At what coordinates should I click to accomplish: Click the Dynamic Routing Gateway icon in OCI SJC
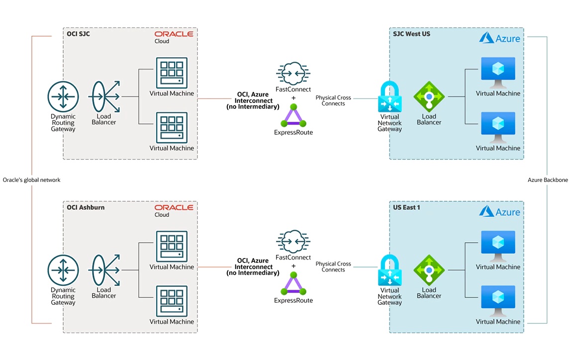(x=63, y=97)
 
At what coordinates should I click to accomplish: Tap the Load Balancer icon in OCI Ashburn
(x=104, y=270)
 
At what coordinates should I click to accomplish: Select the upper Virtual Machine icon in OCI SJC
(x=172, y=73)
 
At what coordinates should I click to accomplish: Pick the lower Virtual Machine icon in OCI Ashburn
(x=172, y=301)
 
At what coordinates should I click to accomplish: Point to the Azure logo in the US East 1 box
(x=500, y=212)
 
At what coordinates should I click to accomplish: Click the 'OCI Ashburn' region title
(x=86, y=207)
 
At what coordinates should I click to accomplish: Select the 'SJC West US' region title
(x=411, y=34)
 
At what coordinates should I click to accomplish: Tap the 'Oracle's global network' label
(x=31, y=180)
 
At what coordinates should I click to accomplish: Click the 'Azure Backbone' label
(x=548, y=180)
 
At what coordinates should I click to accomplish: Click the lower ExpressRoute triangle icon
(x=293, y=285)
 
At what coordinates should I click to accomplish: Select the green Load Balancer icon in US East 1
(x=429, y=270)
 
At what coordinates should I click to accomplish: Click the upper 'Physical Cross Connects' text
(x=333, y=100)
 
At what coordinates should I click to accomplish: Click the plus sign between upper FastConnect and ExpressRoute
(x=293, y=97)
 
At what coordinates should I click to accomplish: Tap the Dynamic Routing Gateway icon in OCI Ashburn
(x=63, y=270)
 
